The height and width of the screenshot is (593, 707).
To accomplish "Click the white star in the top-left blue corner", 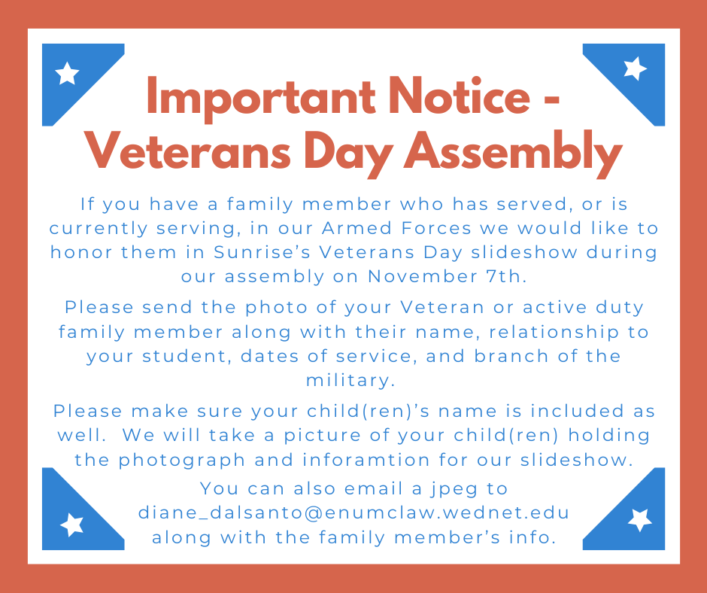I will [x=68, y=73].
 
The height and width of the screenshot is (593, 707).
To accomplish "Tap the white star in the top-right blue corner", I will [x=636, y=69].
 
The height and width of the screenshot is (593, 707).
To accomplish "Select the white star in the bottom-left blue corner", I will [x=71, y=524].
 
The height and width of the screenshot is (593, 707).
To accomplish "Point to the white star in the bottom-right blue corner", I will [x=640, y=519].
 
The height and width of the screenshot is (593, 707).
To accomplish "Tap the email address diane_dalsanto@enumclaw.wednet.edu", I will [x=353, y=512].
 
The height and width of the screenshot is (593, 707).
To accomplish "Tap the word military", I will [x=350, y=380].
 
